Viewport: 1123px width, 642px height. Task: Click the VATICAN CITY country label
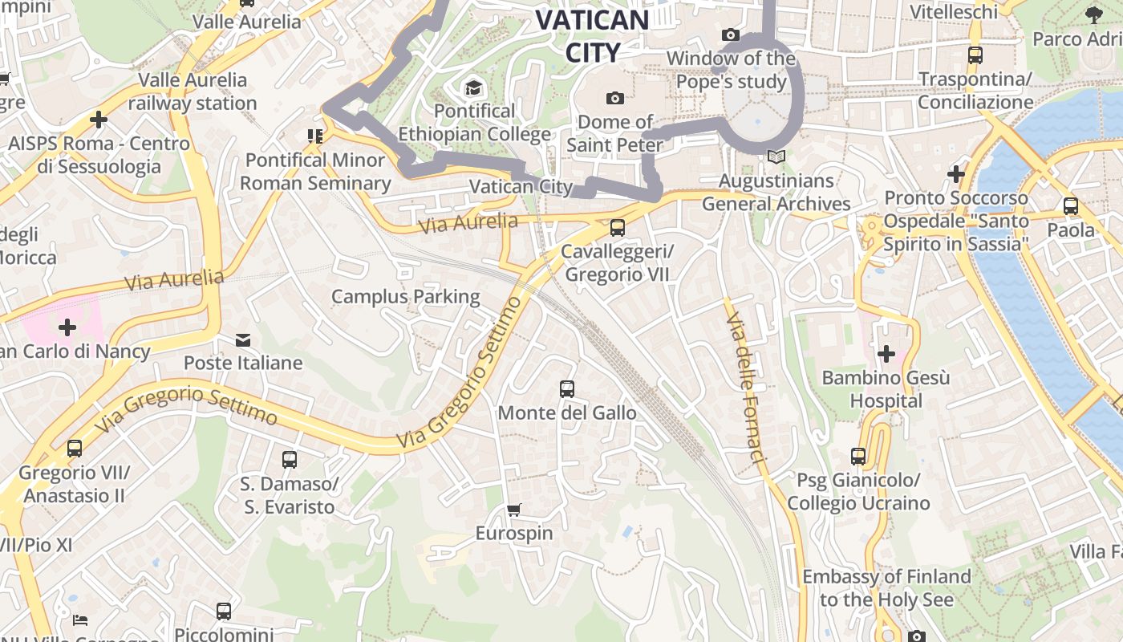click(592, 36)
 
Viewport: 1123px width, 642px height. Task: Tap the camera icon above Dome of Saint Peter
click(615, 99)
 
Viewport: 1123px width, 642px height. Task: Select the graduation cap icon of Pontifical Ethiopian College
click(474, 87)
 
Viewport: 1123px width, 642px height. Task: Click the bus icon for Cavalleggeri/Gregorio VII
click(617, 228)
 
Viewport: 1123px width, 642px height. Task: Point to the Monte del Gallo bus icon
click(567, 389)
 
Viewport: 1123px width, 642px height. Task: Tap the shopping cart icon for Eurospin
click(514, 510)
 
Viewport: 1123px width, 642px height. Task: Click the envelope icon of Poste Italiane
click(243, 340)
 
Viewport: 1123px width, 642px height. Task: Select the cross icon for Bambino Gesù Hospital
click(886, 354)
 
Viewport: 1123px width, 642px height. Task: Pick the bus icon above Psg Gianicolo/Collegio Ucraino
click(858, 457)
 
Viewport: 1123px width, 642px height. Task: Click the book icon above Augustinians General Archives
click(775, 157)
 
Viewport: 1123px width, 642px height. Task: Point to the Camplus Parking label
click(406, 297)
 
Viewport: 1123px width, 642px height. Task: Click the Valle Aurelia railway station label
click(193, 91)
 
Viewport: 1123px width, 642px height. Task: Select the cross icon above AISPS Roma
click(98, 120)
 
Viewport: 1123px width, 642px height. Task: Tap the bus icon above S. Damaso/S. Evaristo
click(290, 460)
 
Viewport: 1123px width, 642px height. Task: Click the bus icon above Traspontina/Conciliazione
click(975, 55)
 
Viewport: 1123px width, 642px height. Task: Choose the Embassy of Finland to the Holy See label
click(886, 588)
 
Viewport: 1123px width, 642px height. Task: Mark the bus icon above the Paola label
click(1071, 206)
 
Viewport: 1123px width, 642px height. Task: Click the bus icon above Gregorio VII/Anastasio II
click(75, 449)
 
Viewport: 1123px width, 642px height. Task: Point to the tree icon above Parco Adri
click(1093, 14)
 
